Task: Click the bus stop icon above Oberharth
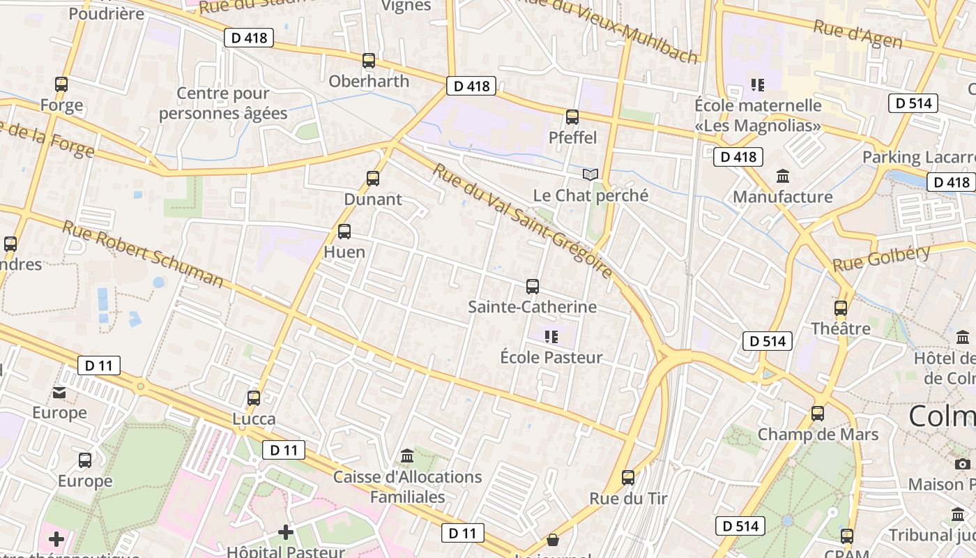pos(369,61)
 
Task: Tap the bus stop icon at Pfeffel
pos(572,117)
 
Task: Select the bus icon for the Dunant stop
pos(373,179)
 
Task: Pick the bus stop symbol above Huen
pos(344,232)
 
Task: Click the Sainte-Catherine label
pos(532,307)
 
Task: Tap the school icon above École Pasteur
pos(551,338)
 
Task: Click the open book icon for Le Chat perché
pos(590,175)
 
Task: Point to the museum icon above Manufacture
pos(783,176)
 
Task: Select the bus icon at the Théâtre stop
pos(841,308)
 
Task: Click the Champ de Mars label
pos(818,435)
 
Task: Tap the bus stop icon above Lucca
pos(254,398)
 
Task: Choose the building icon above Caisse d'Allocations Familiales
pos(407,456)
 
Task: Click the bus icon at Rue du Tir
pos(628,478)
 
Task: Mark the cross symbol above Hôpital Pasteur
pos(286,532)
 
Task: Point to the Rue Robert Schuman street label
pos(143,254)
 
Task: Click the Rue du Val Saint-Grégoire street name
pos(523,221)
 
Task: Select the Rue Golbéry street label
pos(882,258)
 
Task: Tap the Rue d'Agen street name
pos(857,35)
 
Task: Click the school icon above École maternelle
pos(758,85)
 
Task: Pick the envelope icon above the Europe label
pos(60,393)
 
